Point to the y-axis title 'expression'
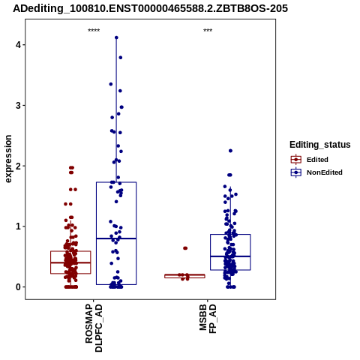pos(8,159)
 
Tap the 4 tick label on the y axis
pos(18,45)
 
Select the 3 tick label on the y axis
pos(18,105)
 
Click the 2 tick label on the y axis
pos(18,166)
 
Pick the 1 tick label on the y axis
pos(18,226)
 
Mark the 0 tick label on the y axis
pos(18,286)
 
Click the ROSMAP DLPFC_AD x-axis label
pos(94,328)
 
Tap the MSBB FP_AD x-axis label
pos(208,319)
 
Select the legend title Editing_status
pos(320,145)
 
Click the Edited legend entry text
pos(317,160)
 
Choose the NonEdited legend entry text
pos(325,172)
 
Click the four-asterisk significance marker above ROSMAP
pos(94,31)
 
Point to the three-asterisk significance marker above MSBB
pos(208,31)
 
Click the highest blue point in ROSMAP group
pos(116,37)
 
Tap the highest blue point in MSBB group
pos(230,151)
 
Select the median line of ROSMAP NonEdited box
pos(116,238)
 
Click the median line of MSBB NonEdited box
pos(230,256)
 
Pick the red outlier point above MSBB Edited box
pos(185,248)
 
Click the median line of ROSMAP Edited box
pos(70,262)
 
